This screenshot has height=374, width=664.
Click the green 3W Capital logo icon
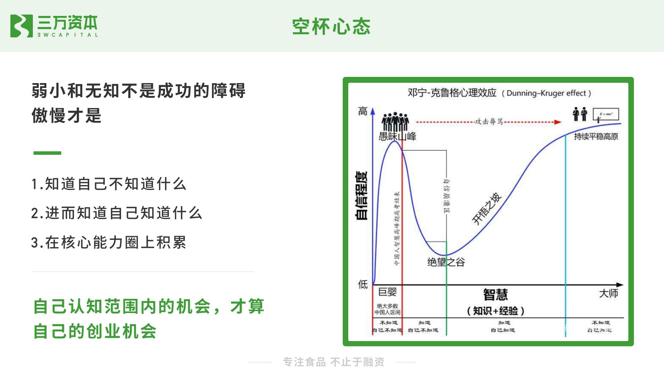pos(21,26)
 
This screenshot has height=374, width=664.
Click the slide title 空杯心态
pos(331,27)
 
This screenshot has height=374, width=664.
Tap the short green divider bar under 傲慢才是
pos(47,153)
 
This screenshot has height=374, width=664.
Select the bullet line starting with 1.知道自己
pos(109,184)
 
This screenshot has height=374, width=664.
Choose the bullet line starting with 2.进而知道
pos(117,213)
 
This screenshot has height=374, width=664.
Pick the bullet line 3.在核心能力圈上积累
pos(109,242)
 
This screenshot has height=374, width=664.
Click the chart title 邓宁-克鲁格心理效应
pos(452,93)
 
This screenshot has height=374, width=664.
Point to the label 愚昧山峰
pos(397,136)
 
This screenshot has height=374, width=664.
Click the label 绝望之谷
pos(446,262)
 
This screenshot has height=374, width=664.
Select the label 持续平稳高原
pos(596,136)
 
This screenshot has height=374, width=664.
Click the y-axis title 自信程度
pos(362,195)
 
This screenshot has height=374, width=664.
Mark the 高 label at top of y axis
pos(362,112)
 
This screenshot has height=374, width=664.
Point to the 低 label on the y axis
pos(362,284)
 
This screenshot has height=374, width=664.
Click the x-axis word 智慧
pos(495,295)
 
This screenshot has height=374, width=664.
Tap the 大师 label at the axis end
pos(608,294)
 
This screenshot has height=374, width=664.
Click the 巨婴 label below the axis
pos(387,292)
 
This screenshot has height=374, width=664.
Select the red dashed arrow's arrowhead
pos(557,122)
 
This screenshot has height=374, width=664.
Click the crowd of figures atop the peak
pos(395,122)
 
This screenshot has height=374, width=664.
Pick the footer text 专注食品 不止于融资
pos(333,362)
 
